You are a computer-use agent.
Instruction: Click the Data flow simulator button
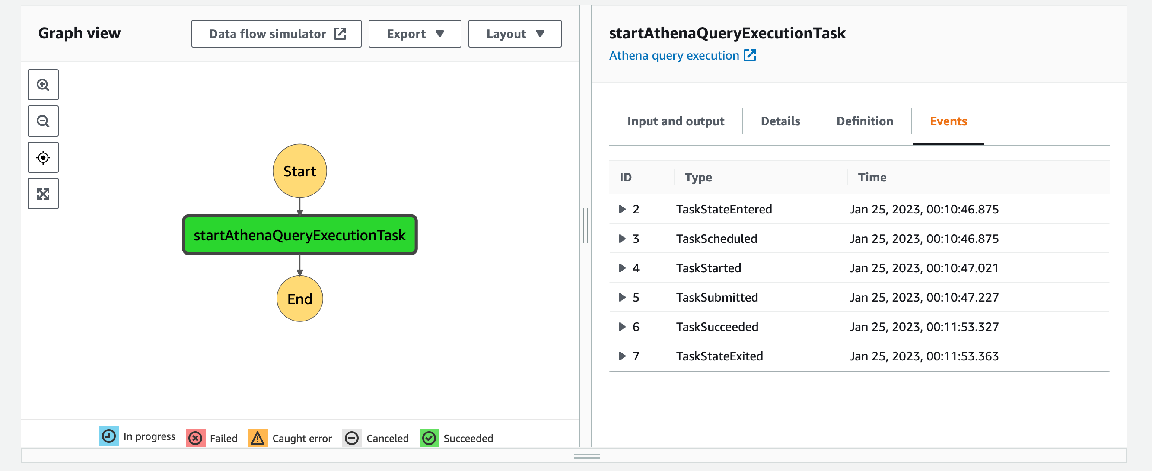pyautogui.click(x=277, y=34)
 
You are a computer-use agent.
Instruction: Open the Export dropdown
pyautogui.click(x=414, y=34)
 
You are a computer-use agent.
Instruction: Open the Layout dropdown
pyautogui.click(x=515, y=34)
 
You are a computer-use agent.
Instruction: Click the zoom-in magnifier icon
pyautogui.click(x=43, y=85)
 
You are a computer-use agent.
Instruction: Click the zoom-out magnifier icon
pyautogui.click(x=43, y=121)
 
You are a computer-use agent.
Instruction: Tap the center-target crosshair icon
pyautogui.click(x=43, y=157)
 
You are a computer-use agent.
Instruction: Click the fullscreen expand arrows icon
pyautogui.click(x=43, y=194)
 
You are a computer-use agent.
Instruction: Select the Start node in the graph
pyautogui.click(x=299, y=171)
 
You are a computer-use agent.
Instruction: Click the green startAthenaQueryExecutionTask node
pyautogui.click(x=299, y=235)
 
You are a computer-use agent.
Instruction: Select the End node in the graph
pyautogui.click(x=299, y=298)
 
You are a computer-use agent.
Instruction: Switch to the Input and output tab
pyautogui.click(x=675, y=121)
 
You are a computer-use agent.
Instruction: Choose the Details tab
pyautogui.click(x=780, y=121)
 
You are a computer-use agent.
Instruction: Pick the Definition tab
pyautogui.click(x=865, y=121)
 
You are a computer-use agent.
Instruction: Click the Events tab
pyautogui.click(x=948, y=121)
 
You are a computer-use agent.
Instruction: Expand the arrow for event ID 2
pyautogui.click(x=622, y=209)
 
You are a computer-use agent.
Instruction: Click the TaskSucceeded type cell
pyautogui.click(x=717, y=327)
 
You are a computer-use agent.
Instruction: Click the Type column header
pyautogui.click(x=698, y=178)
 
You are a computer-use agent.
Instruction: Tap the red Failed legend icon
pyautogui.click(x=195, y=438)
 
